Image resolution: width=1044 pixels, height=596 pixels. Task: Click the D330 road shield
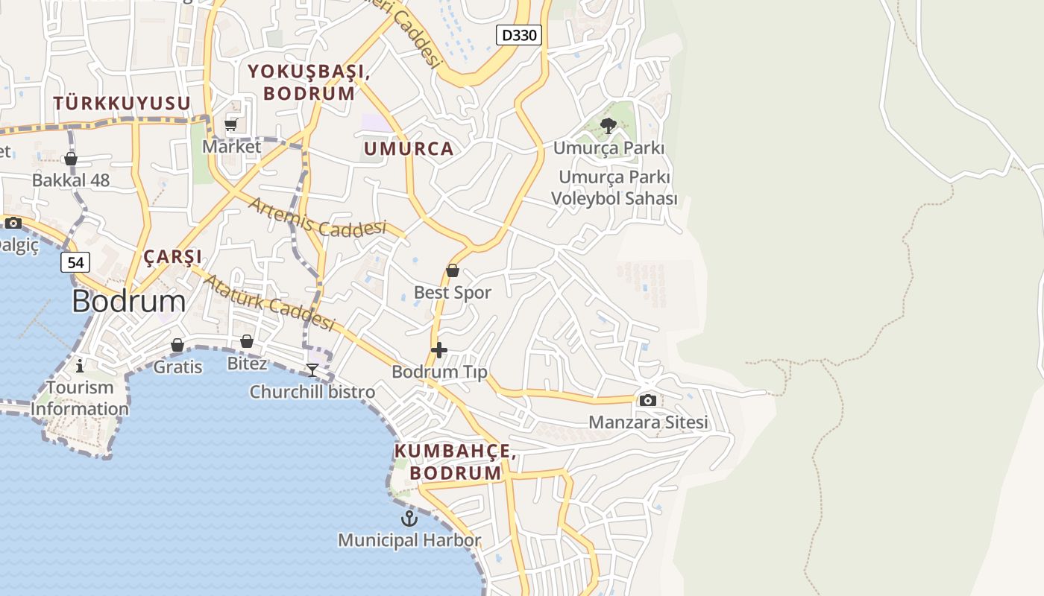click(x=518, y=34)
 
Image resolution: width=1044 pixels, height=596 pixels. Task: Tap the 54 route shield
click(x=75, y=262)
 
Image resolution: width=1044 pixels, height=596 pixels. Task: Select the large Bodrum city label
click(x=129, y=301)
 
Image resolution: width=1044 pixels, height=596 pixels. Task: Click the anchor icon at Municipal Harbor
click(x=409, y=519)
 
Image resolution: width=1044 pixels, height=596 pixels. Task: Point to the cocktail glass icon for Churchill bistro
click(x=312, y=370)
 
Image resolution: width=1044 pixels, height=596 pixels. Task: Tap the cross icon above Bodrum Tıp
click(x=439, y=349)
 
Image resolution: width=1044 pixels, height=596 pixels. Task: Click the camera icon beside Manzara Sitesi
click(x=647, y=400)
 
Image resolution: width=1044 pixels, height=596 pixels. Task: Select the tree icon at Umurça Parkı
click(x=608, y=125)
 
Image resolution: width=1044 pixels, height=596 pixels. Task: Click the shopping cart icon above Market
click(x=231, y=124)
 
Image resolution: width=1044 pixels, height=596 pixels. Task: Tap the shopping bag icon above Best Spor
click(x=452, y=270)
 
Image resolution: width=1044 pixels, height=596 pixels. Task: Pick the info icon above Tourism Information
click(x=80, y=365)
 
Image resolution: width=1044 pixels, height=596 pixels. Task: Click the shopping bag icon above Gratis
click(x=177, y=345)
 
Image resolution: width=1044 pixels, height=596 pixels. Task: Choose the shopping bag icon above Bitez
click(x=246, y=341)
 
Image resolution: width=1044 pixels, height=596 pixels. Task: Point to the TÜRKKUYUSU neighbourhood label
click(x=122, y=103)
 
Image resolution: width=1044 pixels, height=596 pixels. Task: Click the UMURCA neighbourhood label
click(x=409, y=148)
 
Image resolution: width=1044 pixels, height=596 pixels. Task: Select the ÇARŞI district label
click(x=172, y=257)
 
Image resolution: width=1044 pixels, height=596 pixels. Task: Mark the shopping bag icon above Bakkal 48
click(x=71, y=159)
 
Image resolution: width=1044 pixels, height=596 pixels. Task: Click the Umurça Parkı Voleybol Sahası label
click(x=614, y=188)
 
